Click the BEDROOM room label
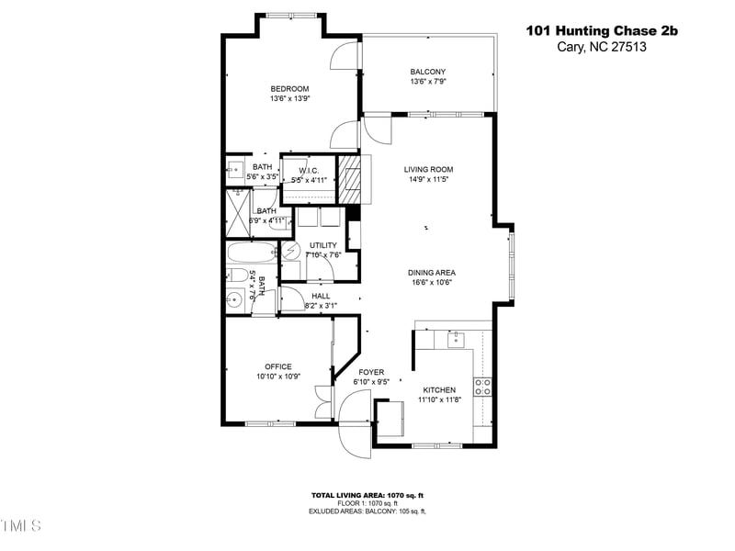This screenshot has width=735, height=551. pyautogui.click(x=289, y=88)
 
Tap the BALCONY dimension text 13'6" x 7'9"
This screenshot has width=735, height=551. pyautogui.click(x=427, y=82)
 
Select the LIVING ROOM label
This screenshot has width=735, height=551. pyautogui.click(x=428, y=169)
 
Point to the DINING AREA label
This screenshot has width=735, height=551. pyautogui.click(x=432, y=272)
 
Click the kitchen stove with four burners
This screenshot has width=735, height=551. pyautogui.click(x=482, y=384)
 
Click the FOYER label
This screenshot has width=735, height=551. pyautogui.click(x=370, y=372)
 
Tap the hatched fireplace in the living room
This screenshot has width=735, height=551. pyautogui.click(x=349, y=178)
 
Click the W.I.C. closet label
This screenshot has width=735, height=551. pyautogui.click(x=308, y=170)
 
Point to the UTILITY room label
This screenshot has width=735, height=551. pyautogui.click(x=323, y=245)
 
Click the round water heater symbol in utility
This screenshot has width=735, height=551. pyautogui.click(x=290, y=251)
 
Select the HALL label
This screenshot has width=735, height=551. pyautogui.click(x=321, y=296)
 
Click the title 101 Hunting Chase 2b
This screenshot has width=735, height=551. pyautogui.click(x=601, y=30)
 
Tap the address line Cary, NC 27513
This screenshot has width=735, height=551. pyautogui.click(x=601, y=48)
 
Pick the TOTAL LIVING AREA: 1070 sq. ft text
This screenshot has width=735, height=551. pyautogui.click(x=367, y=495)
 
